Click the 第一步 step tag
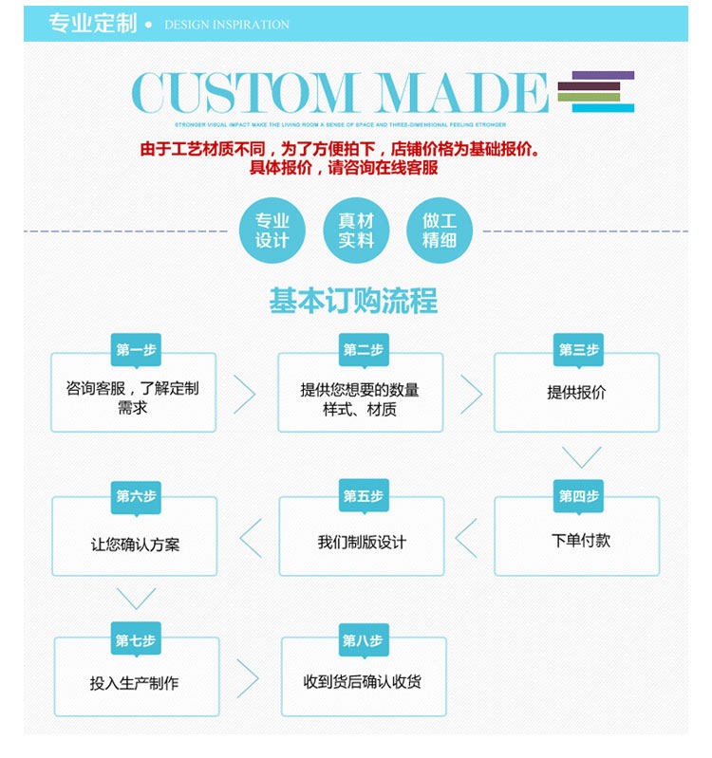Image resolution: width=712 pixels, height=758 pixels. (136, 350)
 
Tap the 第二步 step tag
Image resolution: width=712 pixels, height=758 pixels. (364, 350)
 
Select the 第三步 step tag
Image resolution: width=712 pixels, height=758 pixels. (578, 350)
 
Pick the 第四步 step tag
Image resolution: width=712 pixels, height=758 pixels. (578, 495)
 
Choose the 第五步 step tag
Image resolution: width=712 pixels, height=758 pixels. (364, 495)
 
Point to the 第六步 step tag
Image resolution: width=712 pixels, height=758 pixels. (136, 495)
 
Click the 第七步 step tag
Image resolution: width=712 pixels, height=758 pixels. (136, 640)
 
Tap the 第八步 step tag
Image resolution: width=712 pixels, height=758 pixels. (363, 640)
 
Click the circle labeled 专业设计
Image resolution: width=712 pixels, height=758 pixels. (272, 231)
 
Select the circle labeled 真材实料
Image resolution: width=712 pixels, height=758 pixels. (356, 231)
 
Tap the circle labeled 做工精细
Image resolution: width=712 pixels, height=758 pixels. (440, 231)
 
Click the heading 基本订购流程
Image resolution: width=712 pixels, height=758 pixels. (353, 301)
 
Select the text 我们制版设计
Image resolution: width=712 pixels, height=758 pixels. (362, 543)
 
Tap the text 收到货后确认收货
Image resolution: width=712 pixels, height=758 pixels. (363, 682)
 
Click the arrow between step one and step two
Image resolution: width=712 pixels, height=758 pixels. (245, 394)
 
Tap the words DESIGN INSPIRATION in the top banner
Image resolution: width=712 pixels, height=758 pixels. (227, 25)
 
